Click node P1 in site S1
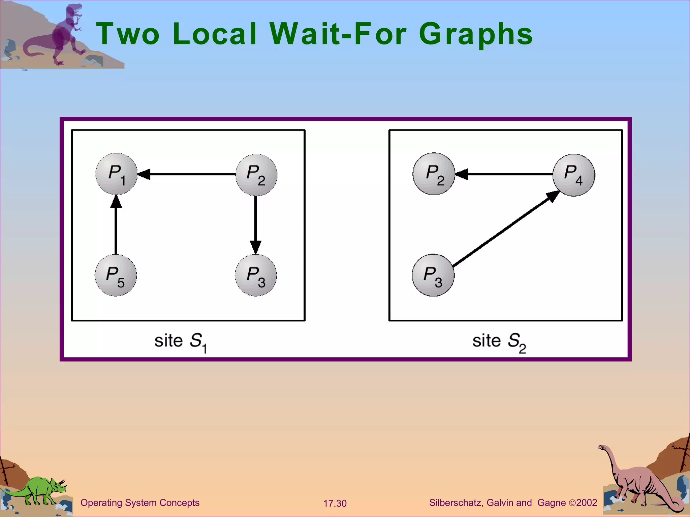pos(116,174)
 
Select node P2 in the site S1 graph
pos(256,175)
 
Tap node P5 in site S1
pos(116,275)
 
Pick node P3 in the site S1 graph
pos(256,275)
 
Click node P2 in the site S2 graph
pos(434,174)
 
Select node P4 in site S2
pos(574,175)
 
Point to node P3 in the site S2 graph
pos(433,275)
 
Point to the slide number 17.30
pos(335,503)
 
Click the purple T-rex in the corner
pos(64,34)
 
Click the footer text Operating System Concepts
pos(140,503)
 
